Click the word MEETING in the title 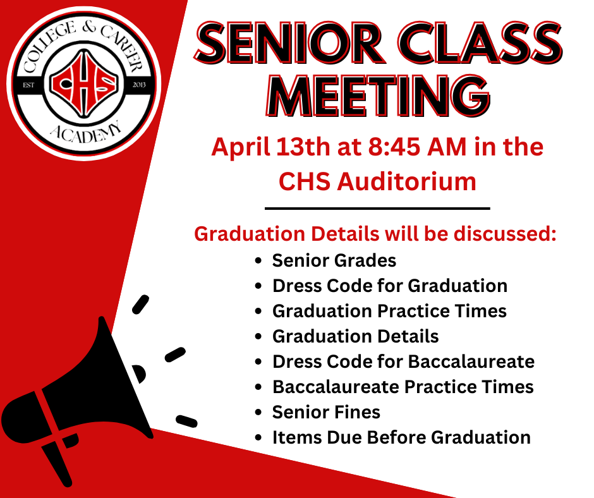pos(377,97)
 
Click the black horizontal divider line pos(377,208)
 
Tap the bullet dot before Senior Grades pos(258,261)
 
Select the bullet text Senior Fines pos(326,412)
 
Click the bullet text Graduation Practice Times pos(389,311)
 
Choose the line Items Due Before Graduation pos(401,437)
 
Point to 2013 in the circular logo pos(140,83)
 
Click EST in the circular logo pos(28,83)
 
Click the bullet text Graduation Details pos(355,336)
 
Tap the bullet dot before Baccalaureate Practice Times pos(258,387)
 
